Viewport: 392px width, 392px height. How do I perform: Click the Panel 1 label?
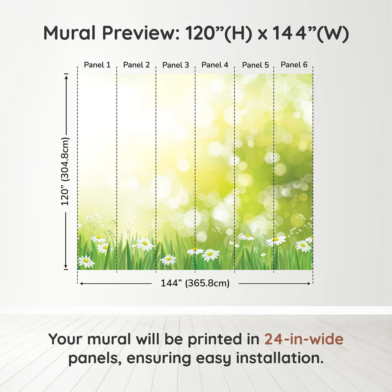coord(97,65)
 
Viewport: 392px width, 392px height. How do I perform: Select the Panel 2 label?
coord(136,65)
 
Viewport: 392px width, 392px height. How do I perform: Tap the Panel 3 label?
coord(176,65)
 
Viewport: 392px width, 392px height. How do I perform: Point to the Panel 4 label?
coord(215,65)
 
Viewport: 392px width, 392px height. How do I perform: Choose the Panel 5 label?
coord(255,65)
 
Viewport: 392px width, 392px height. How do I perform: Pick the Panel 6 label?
coord(294,65)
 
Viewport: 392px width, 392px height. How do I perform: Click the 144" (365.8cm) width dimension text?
coord(195,283)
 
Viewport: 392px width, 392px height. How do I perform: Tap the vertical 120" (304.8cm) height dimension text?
coord(65,171)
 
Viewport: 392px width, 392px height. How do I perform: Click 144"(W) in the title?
coord(311,34)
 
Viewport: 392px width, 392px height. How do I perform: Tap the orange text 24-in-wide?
coord(304,339)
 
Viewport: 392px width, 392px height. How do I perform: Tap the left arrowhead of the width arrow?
coord(81,284)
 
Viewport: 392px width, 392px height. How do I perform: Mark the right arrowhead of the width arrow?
coord(309,284)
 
